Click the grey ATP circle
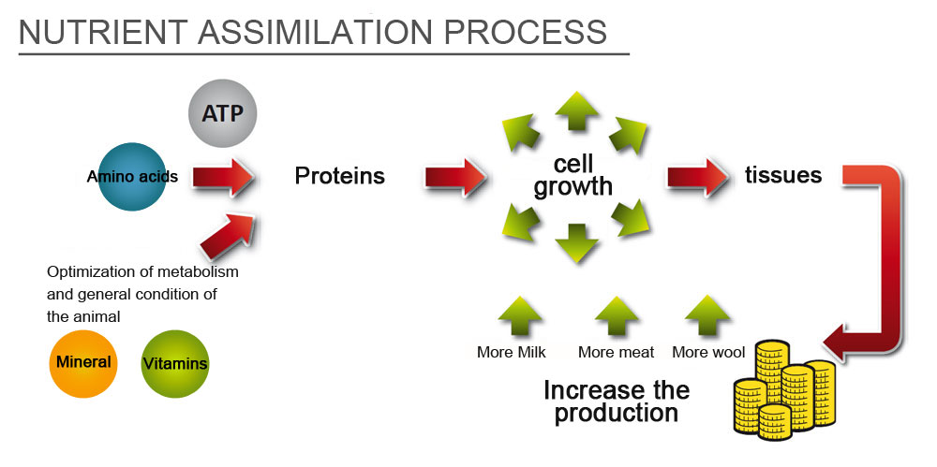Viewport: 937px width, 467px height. click(222, 113)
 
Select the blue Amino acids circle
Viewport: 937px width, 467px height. click(131, 177)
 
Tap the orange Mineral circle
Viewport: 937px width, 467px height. click(83, 363)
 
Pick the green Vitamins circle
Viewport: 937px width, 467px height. click(175, 363)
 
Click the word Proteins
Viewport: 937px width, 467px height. click(340, 176)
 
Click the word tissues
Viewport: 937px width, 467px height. click(782, 175)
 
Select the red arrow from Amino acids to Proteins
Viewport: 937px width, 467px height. click(224, 178)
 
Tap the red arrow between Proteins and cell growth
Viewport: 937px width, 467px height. click(455, 178)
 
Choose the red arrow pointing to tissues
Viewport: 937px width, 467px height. click(697, 178)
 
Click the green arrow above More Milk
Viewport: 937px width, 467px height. click(520, 317)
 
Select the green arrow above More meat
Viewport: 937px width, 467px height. click(617, 317)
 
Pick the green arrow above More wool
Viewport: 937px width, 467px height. click(707, 316)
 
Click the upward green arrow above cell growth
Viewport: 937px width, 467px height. click(576, 111)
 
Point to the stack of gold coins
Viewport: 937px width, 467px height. click(784, 390)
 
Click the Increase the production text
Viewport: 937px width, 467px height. click(617, 401)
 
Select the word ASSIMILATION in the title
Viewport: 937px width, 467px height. click(314, 32)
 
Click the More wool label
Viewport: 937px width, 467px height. click(708, 352)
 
